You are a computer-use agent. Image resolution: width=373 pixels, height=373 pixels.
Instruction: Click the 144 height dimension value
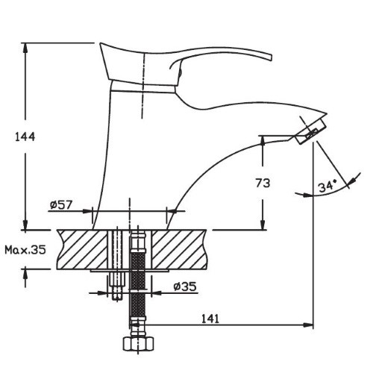pos(25,137)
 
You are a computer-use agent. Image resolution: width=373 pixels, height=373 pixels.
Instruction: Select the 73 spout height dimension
pos(263,184)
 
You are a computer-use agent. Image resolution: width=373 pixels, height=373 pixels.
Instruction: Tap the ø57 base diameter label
pos(61,204)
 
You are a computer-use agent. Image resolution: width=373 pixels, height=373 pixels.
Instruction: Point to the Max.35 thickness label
pos(25,249)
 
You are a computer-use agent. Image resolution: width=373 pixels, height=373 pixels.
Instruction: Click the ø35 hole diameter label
pos(185,286)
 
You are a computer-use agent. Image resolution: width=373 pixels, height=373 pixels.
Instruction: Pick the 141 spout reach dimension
pos(210,319)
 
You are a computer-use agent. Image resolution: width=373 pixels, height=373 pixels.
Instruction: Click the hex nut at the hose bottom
pos(138,344)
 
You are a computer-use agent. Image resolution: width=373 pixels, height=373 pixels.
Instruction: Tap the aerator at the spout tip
pos(311,131)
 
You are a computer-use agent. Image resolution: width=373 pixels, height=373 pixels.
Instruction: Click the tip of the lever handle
pos(271,57)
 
